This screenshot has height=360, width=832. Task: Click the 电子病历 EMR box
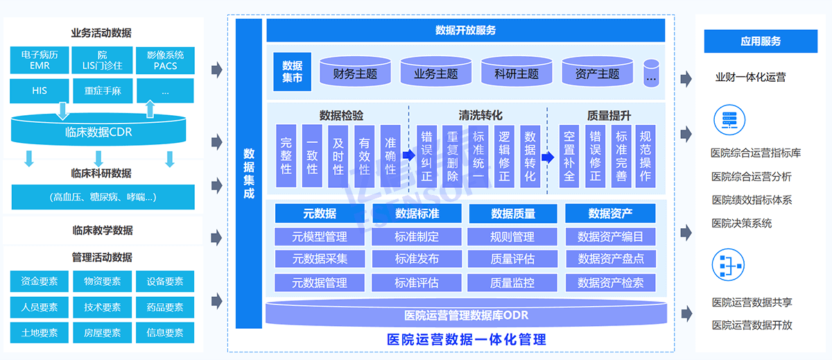pyautogui.click(x=40, y=60)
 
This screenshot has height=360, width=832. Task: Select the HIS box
pyautogui.click(x=40, y=90)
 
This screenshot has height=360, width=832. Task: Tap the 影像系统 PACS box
pyautogui.click(x=165, y=60)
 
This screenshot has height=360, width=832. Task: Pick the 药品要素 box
pyautogui.click(x=165, y=307)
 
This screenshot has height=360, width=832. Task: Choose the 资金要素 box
pyautogui.click(x=40, y=282)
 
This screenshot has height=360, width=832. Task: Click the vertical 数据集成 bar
pyautogui.click(x=249, y=173)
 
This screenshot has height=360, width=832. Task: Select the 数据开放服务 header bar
pyautogui.click(x=465, y=31)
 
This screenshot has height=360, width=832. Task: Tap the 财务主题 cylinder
pyautogui.click(x=356, y=73)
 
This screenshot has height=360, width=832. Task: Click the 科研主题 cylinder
pyautogui.click(x=517, y=73)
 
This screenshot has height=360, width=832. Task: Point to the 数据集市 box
pyautogui.click(x=293, y=71)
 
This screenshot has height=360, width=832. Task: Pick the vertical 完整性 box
pyautogui.click(x=286, y=156)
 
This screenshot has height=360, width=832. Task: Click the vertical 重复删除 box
pyautogui.click(x=452, y=156)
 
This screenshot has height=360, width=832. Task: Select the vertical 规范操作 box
pyautogui.click(x=645, y=156)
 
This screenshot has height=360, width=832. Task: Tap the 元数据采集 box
pyautogui.click(x=320, y=259)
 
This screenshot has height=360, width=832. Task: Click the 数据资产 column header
pyautogui.click(x=610, y=214)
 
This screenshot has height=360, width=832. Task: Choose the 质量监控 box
pyautogui.click(x=512, y=283)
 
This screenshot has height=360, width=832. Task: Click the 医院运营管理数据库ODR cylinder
pyautogui.click(x=466, y=316)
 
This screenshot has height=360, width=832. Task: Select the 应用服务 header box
pyautogui.click(x=761, y=42)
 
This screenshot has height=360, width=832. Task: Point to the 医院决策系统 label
pyautogui.click(x=741, y=223)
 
